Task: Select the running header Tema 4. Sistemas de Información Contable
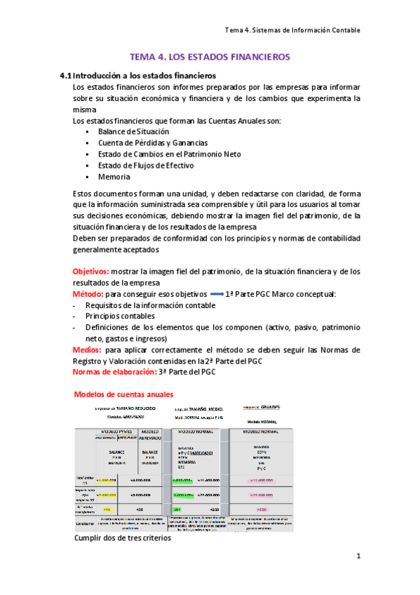(292, 30)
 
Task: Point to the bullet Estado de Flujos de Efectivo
(146, 166)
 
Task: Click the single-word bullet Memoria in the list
(114, 177)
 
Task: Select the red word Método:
(89, 294)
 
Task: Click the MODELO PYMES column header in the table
(116, 431)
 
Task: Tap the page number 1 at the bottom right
(358, 557)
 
